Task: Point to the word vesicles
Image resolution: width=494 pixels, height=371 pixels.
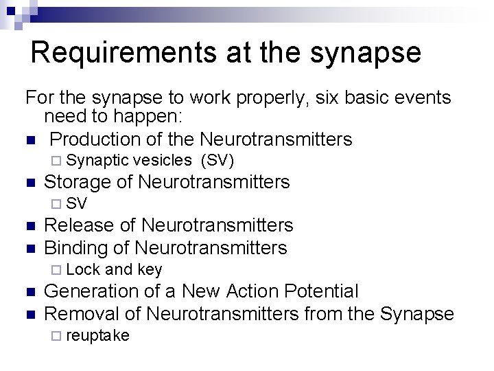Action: (162, 161)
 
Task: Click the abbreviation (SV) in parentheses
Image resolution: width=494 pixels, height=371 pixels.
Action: (217, 161)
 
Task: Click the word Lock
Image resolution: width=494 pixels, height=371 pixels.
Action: (84, 269)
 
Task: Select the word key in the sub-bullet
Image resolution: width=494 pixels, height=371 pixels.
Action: (150, 269)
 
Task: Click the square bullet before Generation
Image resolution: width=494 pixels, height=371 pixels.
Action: (29, 292)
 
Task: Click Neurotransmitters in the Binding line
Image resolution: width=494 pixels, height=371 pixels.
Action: (211, 247)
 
